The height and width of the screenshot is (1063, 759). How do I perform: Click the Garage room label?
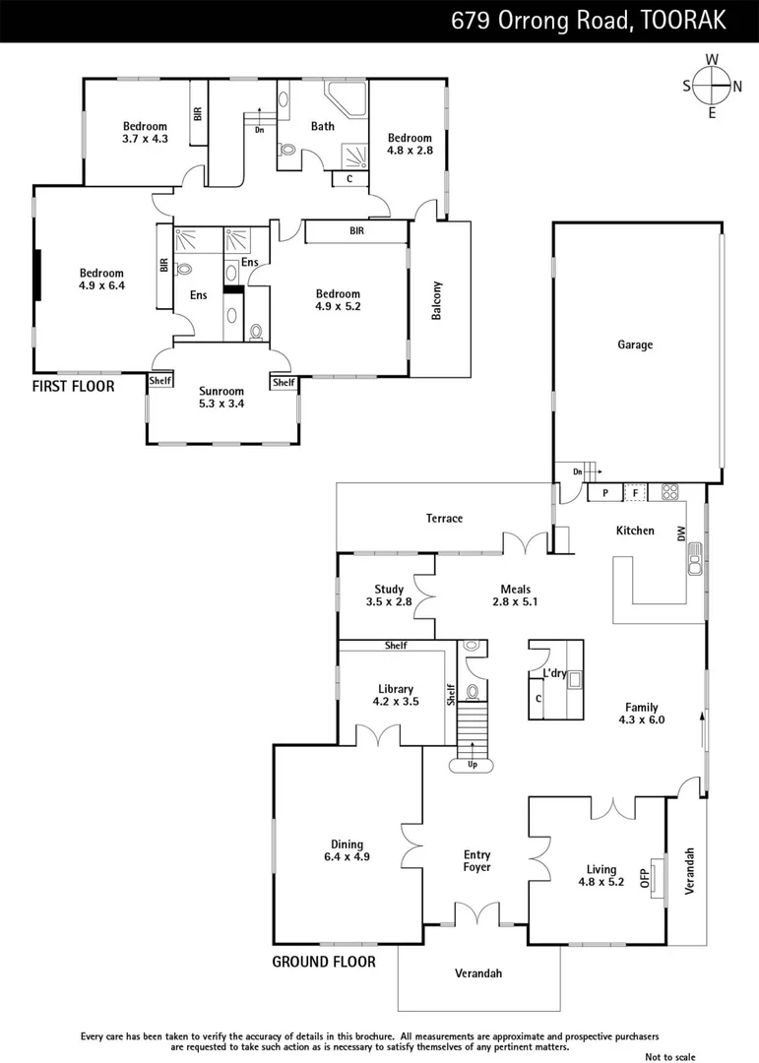635,345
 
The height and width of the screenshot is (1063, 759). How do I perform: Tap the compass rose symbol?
712,85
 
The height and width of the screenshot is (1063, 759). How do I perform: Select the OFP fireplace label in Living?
646,877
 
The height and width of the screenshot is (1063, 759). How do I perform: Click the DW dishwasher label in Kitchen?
680,532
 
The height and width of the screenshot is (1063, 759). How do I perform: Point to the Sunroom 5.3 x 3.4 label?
221,398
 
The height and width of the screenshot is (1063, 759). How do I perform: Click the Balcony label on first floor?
436,300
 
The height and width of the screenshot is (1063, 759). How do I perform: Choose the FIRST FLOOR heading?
73,387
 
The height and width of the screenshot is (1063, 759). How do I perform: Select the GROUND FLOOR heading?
324,962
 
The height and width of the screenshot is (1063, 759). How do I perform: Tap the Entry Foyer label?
476,861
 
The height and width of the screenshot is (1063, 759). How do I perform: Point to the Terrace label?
444,519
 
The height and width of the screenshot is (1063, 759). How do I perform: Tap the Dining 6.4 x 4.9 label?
347,850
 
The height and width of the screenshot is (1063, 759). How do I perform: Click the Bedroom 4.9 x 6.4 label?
101,280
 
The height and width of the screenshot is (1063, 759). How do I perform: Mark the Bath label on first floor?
322,126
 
